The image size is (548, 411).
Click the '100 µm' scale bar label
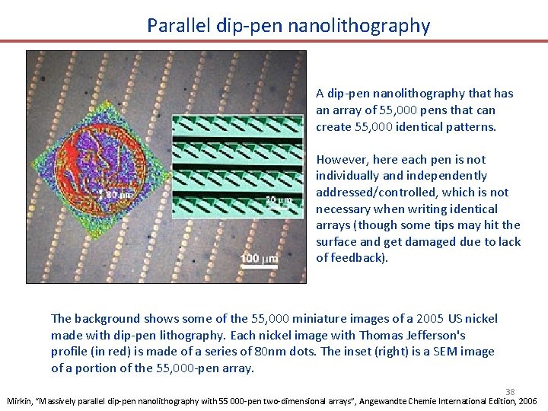click(x=259, y=259)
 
